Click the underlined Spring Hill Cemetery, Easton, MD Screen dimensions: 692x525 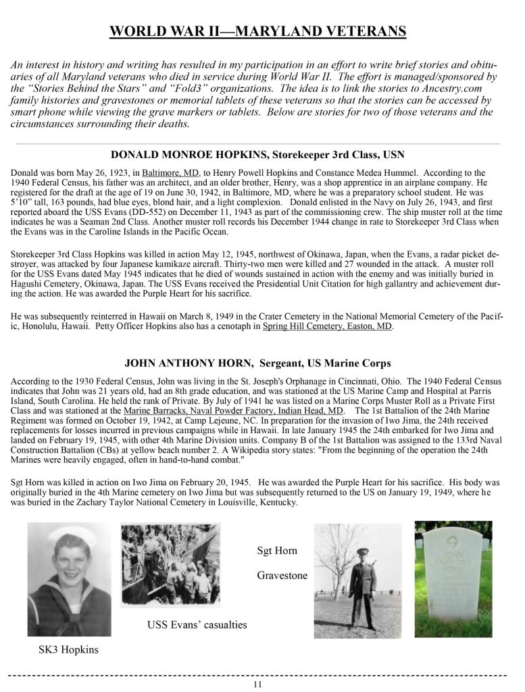coord(327,326)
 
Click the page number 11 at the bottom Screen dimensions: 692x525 coord(257,684)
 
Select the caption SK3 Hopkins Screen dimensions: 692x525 coord(68,650)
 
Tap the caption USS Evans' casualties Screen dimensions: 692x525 coord(197,624)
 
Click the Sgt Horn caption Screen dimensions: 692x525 coord(276,551)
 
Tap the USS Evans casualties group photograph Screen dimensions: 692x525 coord(179,565)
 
